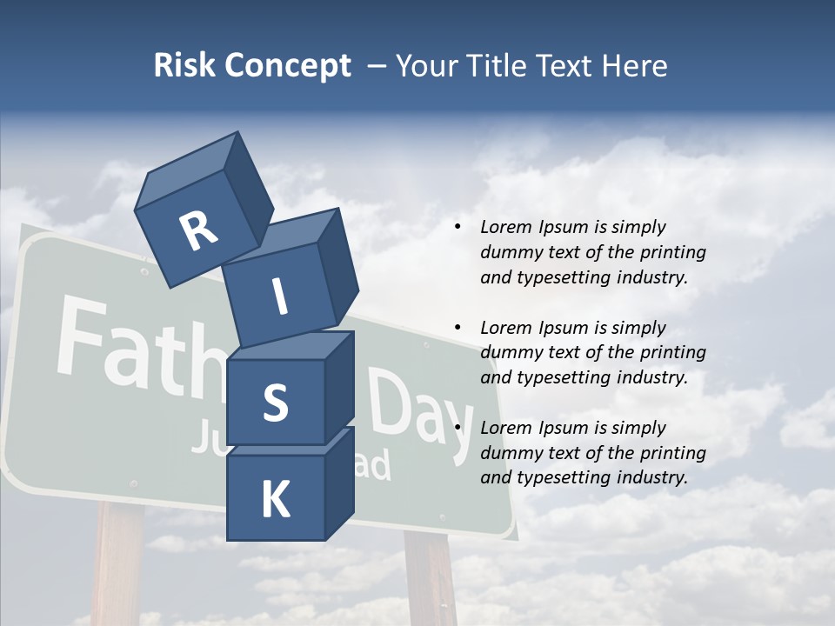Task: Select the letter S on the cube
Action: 275,403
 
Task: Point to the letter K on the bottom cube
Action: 275,500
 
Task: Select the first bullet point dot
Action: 458,227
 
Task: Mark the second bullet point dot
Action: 458,328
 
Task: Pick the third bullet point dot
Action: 458,428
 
